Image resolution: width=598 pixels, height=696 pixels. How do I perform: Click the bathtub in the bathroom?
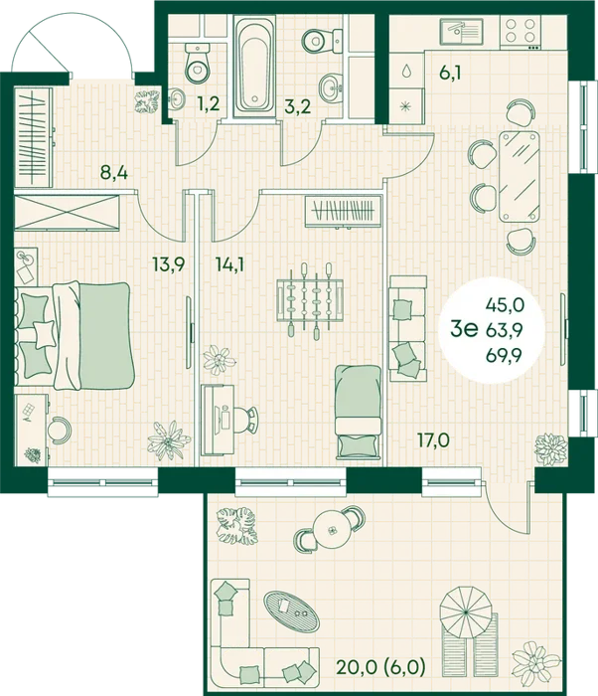[x=254, y=67]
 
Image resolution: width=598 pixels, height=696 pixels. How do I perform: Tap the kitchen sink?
[x=461, y=32]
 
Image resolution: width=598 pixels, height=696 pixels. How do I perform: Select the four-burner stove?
[x=521, y=32]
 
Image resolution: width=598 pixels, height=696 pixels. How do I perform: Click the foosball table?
[x=310, y=300]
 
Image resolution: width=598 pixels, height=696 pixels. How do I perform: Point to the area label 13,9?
[x=168, y=264]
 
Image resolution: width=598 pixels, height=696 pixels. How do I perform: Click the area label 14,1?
[x=230, y=264]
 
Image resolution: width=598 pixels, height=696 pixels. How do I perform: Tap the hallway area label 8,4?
[x=114, y=172]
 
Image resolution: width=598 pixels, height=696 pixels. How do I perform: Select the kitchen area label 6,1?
[x=450, y=72]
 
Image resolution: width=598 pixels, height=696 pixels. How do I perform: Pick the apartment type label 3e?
[x=464, y=329]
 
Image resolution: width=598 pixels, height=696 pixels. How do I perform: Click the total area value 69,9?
[x=505, y=355]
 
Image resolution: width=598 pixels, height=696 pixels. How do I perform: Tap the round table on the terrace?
[x=331, y=530]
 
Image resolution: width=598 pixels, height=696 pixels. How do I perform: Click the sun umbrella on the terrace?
[x=466, y=611]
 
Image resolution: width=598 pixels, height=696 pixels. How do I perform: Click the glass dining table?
[x=520, y=176]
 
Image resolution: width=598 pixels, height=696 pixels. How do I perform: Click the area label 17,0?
[x=433, y=440]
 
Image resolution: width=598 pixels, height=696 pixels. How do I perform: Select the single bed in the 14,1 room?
[x=358, y=412]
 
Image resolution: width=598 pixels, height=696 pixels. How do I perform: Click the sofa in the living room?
[x=407, y=328]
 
